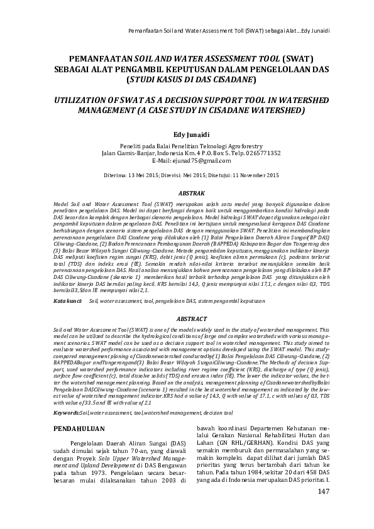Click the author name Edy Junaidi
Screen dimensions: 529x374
tap(187, 134)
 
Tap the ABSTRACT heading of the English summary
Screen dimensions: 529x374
tap(187, 319)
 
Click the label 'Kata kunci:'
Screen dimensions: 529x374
tap(69, 301)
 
